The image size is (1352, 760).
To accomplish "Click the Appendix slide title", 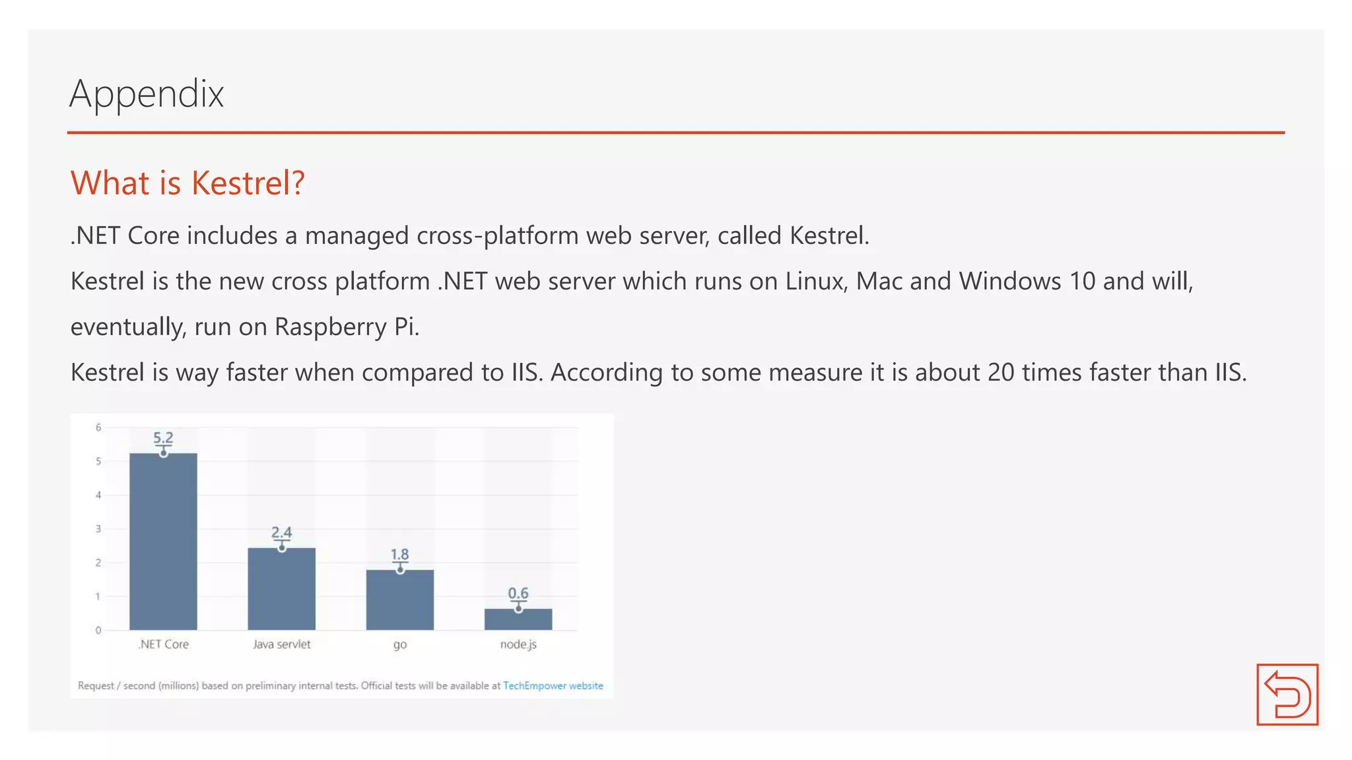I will click(x=147, y=94).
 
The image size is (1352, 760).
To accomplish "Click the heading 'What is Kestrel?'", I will click(x=187, y=183).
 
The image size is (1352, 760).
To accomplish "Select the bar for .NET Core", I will click(x=163, y=541).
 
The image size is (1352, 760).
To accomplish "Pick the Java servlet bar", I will click(x=281, y=588).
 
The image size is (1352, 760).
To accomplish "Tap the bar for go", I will click(x=400, y=600).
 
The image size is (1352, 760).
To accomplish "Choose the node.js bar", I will click(x=518, y=619).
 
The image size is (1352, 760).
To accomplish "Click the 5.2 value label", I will click(x=163, y=437).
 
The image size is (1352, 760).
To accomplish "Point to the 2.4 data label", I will click(x=281, y=532).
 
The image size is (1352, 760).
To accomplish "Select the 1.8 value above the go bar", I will click(x=399, y=554).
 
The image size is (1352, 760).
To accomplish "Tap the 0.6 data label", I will click(x=518, y=593).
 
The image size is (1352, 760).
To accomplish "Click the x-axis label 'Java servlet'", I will click(x=281, y=645).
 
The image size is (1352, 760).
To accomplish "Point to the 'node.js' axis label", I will click(x=518, y=645).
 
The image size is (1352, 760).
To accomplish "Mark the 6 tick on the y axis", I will click(x=98, y=427).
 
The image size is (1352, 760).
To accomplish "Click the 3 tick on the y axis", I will click(x=98, y=529).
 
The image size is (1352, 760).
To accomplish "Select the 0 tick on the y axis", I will click(x=98, y=630).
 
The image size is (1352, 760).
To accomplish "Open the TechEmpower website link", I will click(x=553, y=685).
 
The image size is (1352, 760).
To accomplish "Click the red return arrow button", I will click(x=1287, y=694).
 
